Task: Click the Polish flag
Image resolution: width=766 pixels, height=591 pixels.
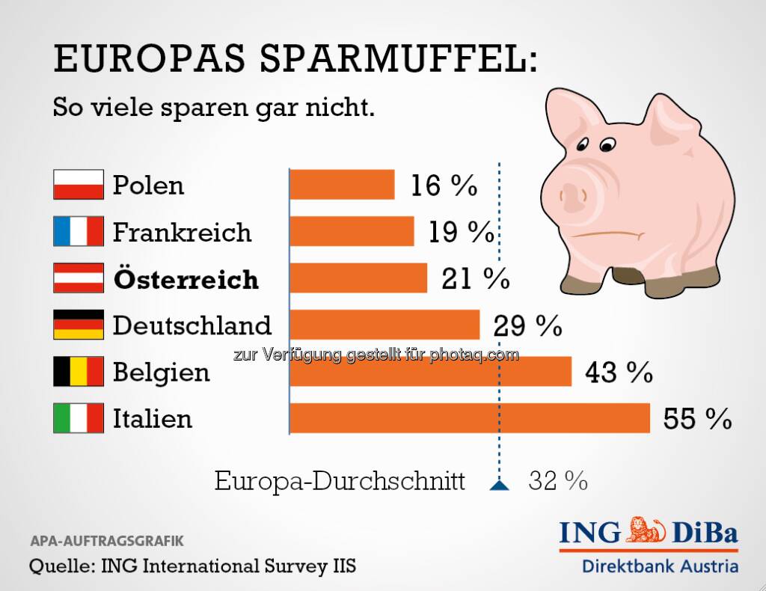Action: tap(78, 185)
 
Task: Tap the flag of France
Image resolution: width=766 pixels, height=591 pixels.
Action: tap(78, 231)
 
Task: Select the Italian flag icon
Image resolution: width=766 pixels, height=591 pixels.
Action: tap(78, 418)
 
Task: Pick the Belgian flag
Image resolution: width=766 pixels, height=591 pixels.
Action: tap(78, 371)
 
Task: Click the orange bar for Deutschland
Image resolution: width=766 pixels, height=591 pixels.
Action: tap(384, 325)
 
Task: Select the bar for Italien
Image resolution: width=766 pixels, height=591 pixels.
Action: tap(470, 418)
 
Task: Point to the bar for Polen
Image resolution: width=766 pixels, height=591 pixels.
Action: tap(342, 185)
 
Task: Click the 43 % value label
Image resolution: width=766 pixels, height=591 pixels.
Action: tap(619, 373)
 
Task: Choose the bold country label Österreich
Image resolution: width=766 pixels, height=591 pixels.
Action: tap(186, 279)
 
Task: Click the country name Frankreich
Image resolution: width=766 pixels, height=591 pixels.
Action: tap(182, 232)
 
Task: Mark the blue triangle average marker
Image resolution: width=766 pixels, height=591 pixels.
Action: tap(499, 485)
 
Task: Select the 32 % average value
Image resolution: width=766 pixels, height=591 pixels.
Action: tap(557, 481)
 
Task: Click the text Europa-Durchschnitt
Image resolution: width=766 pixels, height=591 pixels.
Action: tap(340, 481)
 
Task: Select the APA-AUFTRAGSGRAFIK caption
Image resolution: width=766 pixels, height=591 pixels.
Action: tap(105, 540)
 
